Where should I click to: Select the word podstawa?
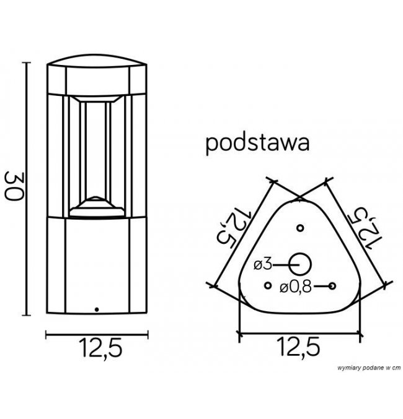(x=257, y=143)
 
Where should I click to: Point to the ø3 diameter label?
(x=263, y=264)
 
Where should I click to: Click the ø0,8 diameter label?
(x=295, y=286)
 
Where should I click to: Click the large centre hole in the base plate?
(x=301, y=264)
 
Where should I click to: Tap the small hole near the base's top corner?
(x=300, y=228)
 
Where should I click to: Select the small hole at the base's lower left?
(x=267, y=285)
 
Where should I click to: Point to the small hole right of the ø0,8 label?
(x=333, y=285)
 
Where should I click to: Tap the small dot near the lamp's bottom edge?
(x=95, y=308)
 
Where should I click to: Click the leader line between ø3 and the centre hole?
(x=283, y=264)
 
